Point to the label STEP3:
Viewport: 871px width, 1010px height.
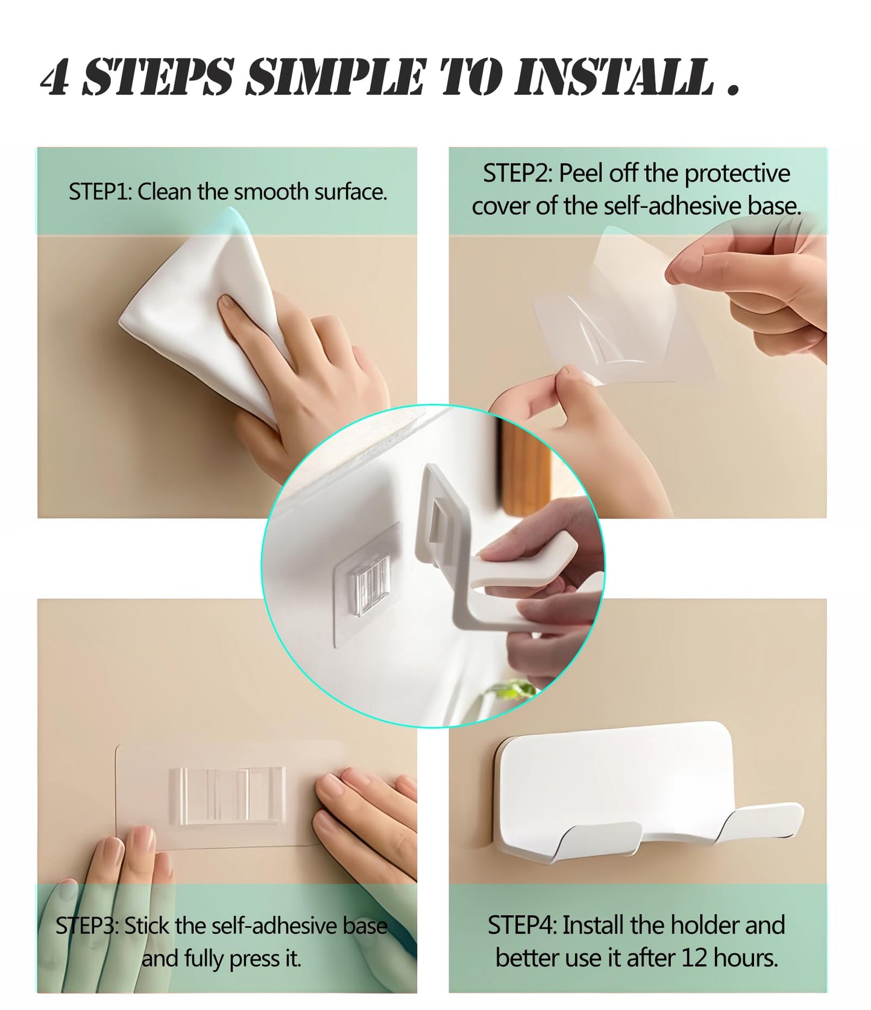[87, 926]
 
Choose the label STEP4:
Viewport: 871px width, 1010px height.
[521, 925]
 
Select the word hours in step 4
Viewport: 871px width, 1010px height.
[748, 958]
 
